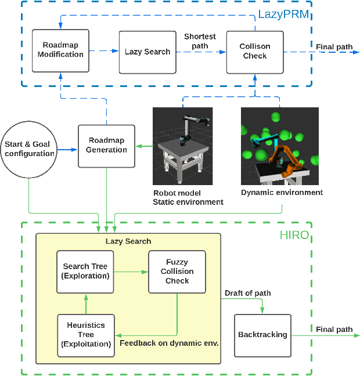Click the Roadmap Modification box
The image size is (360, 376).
pos(61,50)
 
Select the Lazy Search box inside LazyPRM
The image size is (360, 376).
pos(147,52)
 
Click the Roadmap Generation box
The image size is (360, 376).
pos(106,145)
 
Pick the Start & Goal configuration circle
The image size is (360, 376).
pos(28,149)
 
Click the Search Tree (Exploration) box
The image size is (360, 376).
pos(86,271)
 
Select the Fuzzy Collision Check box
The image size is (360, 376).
pos(177,272)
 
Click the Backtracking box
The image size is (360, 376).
pos(262,335)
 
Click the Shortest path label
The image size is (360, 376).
pos(200,41)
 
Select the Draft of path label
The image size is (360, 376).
pos(247,293)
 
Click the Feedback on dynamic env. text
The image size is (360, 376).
pos(169,343)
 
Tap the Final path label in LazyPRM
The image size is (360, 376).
pos(334,46)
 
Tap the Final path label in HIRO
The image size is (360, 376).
pos(334,330)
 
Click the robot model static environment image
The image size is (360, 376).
pos(182,146)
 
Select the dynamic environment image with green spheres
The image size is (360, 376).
pos(280,146)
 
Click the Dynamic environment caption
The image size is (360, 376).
pos(282,192)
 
